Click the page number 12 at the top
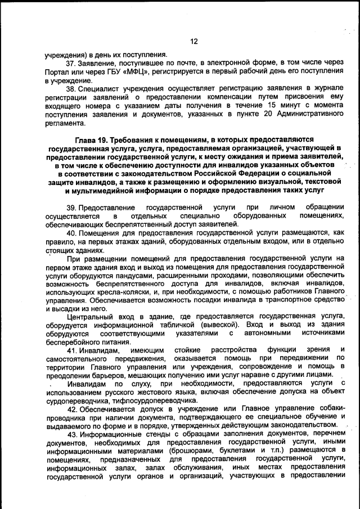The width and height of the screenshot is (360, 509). pos(194,41)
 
